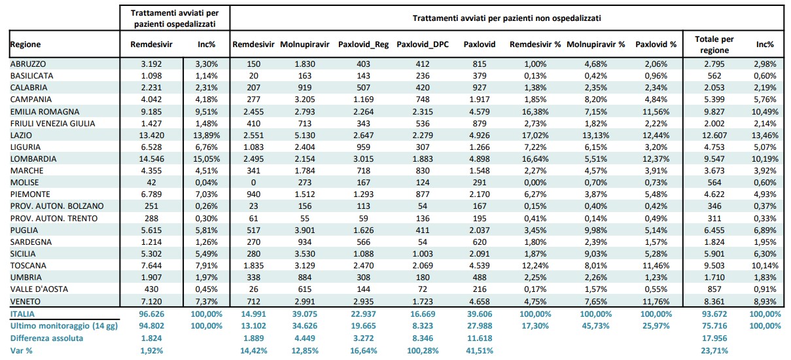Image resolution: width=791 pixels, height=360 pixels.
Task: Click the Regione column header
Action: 26,45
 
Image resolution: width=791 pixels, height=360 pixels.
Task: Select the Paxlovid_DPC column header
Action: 423,45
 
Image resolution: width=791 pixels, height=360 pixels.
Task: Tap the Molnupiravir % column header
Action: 596,45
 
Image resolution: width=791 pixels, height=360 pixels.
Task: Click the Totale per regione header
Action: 714,45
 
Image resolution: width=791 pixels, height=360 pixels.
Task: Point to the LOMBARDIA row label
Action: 33,159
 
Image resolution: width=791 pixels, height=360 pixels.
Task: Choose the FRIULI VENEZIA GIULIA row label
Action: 52,124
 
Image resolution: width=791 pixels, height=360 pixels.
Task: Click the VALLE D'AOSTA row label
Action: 39,289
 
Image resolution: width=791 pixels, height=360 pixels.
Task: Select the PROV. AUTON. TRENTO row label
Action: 54,219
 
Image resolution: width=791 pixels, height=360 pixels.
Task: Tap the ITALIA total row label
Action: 22,314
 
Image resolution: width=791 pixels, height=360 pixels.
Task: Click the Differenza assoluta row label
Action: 46,338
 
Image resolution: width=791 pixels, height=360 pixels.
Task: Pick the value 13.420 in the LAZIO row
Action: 152,135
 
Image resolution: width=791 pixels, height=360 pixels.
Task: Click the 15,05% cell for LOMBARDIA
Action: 207,159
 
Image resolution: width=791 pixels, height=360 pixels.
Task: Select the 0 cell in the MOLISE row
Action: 253,183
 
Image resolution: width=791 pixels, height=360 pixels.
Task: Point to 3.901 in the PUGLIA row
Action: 305,230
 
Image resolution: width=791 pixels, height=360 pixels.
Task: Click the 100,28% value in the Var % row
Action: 423,351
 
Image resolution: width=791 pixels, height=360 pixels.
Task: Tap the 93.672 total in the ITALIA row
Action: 714,314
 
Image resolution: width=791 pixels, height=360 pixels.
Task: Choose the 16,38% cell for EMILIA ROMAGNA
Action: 535,112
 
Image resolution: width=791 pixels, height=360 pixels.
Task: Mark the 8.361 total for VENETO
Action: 714,302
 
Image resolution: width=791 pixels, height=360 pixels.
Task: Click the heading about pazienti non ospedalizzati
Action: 507,18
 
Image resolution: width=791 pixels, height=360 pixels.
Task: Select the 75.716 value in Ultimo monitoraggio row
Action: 714,326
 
